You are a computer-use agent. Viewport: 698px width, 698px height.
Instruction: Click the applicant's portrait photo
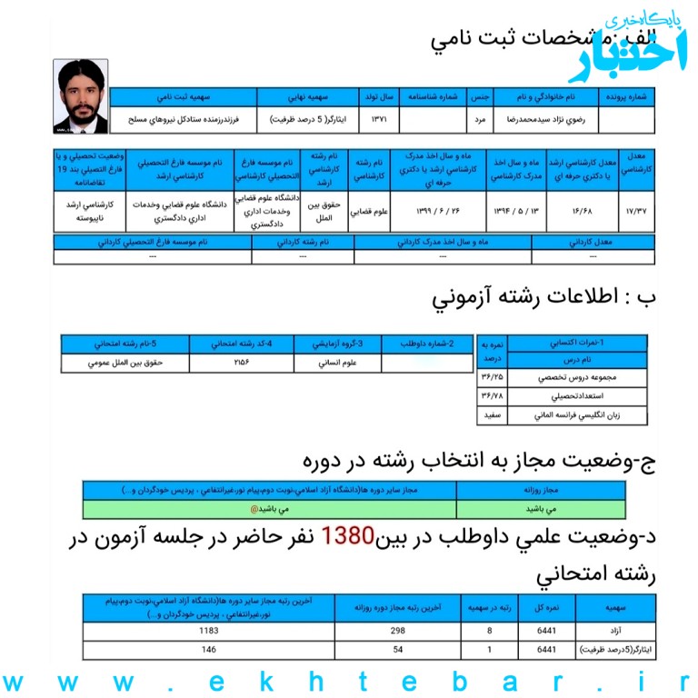81,96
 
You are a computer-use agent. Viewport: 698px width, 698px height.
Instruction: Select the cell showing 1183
210,631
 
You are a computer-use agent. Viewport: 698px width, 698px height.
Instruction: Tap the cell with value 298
394,631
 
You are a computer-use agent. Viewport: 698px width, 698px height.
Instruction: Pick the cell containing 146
210,650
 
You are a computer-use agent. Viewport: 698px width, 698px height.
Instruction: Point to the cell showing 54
394,650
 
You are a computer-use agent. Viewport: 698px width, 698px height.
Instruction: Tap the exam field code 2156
241,363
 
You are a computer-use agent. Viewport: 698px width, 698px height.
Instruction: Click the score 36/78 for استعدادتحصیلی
492,396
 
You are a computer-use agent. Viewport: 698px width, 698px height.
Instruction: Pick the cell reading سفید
492,415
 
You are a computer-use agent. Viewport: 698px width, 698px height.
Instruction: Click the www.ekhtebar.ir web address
349,680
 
